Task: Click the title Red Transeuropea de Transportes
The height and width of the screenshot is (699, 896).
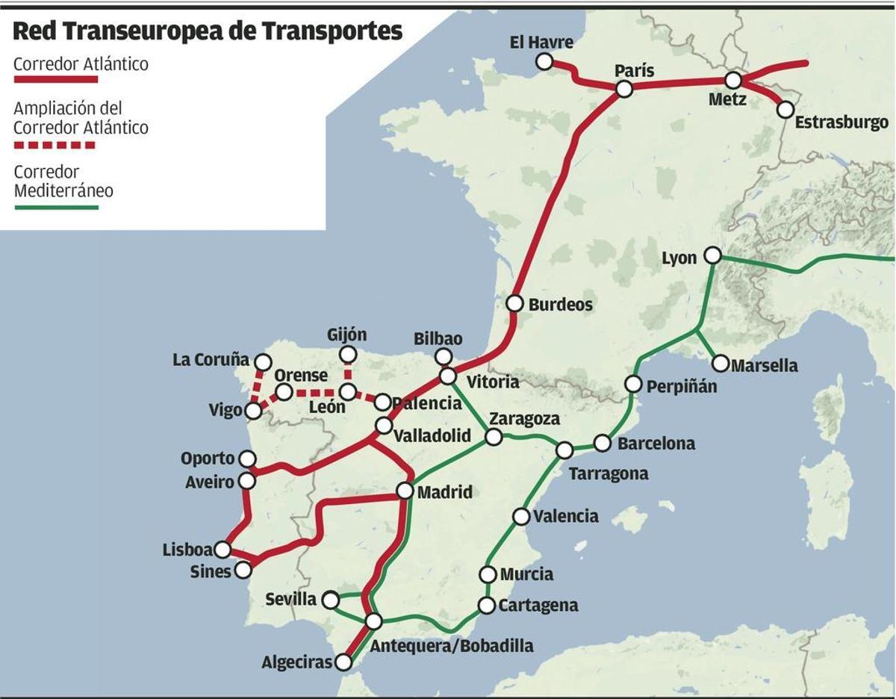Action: [208, 31]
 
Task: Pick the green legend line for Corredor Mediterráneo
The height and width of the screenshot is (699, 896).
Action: [56, 207]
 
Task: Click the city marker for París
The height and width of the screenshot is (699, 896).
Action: [624, 90]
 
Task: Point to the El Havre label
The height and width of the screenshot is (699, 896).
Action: [541, 43]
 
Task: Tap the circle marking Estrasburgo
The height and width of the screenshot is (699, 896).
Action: [785, 109]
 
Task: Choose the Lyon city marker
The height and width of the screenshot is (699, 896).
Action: [713, 256]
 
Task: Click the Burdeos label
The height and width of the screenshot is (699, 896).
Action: [560, 305]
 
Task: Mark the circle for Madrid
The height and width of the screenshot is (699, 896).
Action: [405, 491]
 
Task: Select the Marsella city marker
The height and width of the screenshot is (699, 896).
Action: [721, 364]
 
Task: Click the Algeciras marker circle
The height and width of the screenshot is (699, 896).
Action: [343, 662]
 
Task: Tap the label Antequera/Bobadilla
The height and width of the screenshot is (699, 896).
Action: [452, 646]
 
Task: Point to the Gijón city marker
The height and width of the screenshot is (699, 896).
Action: [348, 354]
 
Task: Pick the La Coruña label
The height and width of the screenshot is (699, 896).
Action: [211, 360]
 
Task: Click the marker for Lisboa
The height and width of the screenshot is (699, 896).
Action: [222, 550]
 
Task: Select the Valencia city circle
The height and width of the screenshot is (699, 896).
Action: [521, 516]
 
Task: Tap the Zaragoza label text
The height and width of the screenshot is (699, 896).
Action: [524, 419]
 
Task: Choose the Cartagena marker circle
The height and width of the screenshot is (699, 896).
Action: [487, 605]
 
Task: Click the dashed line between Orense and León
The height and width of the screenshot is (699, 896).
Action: [315, 392]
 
